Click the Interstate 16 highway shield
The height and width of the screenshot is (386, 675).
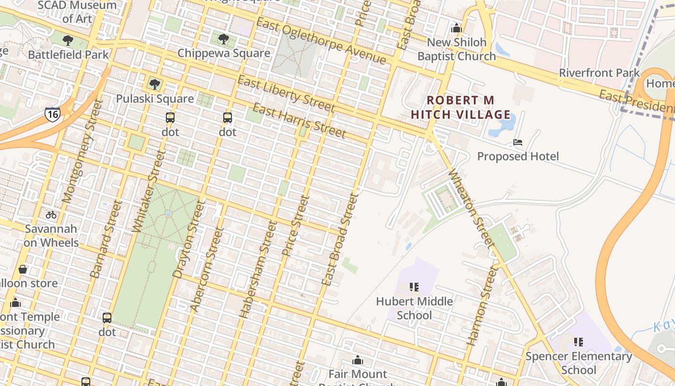(53, 114)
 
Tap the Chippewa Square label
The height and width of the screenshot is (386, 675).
(224, 53)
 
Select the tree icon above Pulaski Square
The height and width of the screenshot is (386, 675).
(155, 84)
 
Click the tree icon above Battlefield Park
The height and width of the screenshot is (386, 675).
(68, 41)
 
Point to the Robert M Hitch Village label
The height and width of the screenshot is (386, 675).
(460, 108)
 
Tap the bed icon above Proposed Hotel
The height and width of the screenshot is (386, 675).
(518, 142)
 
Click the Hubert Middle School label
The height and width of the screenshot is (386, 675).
(414, 308)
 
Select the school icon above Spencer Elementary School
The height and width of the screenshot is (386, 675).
(579, 342)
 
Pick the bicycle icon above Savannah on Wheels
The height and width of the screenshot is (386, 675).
(51, 215)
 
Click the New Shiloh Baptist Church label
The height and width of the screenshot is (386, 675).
(456, 49)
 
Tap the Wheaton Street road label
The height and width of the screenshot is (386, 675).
(472, 208)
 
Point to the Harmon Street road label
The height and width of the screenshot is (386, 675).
(482, 305)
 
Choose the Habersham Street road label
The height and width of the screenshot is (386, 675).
(258, 269)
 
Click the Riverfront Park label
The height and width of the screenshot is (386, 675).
(599, 73)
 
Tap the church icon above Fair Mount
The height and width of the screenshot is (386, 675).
(357, 360)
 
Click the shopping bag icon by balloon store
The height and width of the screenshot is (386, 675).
(22, 269)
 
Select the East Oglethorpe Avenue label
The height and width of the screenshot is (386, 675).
(321, 41)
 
